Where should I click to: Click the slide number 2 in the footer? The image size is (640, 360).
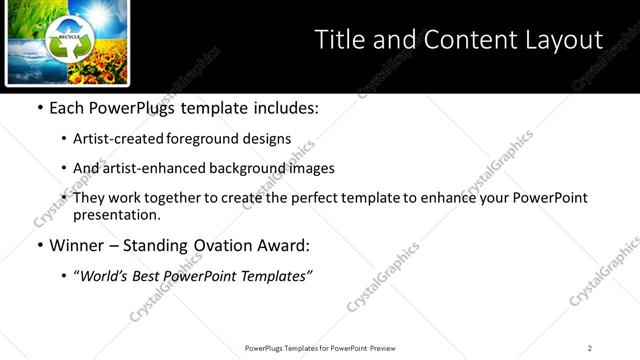coord(590,348)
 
